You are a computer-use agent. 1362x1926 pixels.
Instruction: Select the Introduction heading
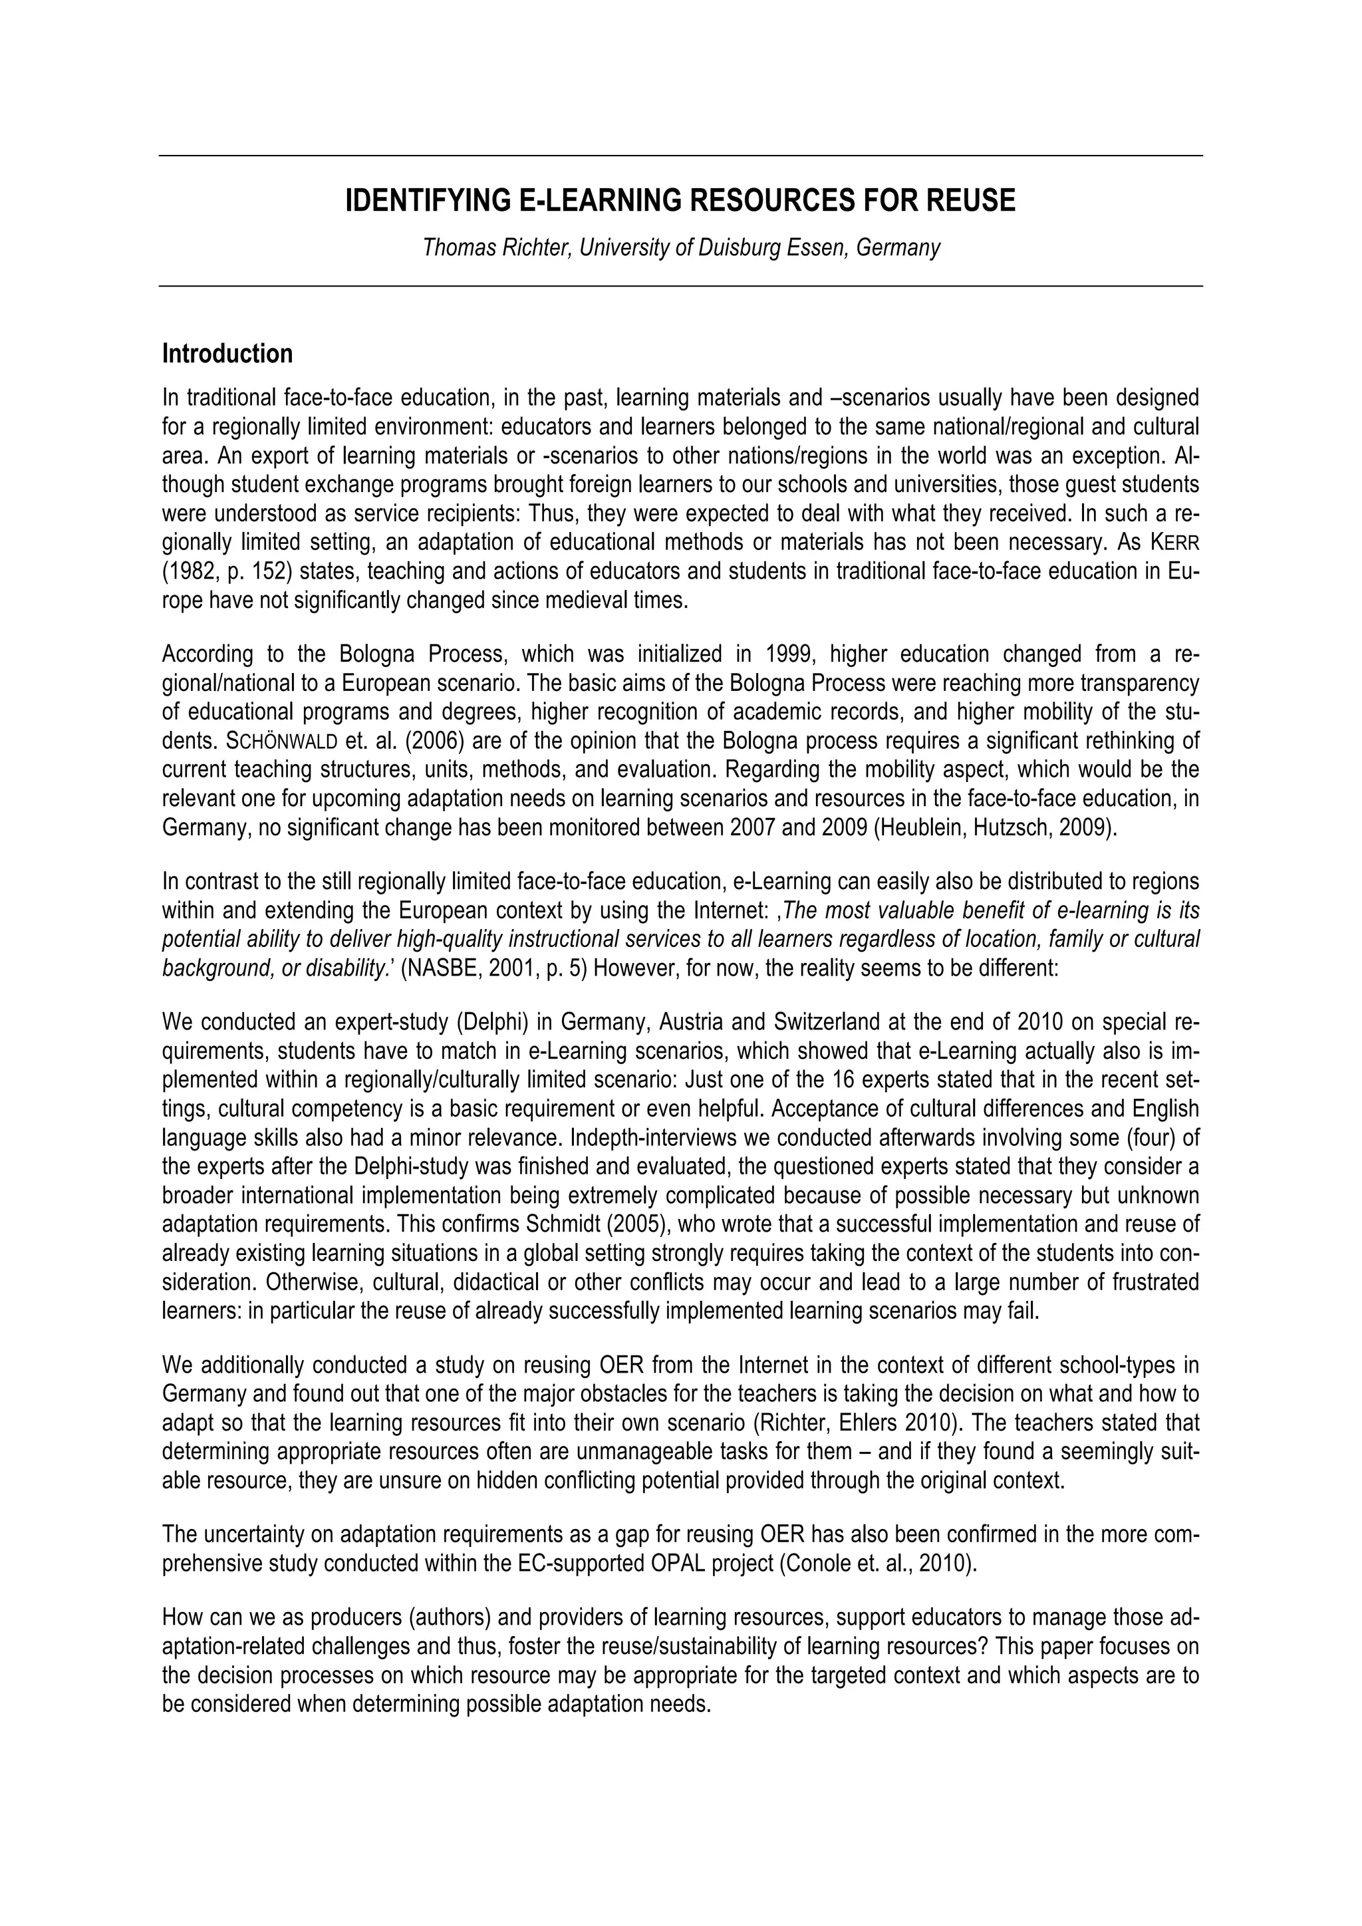click(x=227, y=354)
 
